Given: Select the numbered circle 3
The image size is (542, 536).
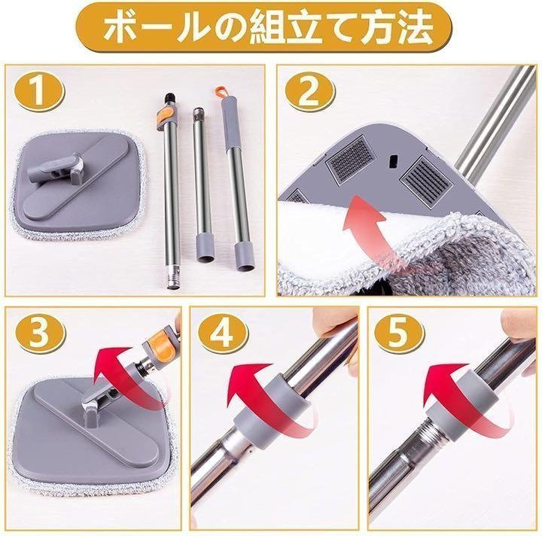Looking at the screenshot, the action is click(x=38, y=333).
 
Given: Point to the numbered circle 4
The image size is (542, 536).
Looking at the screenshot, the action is click(x=222, y=333).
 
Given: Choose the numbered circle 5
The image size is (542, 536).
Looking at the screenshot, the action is click(x=398, y=333).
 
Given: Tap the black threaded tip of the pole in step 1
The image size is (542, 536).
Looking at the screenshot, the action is click(x=169, y=98).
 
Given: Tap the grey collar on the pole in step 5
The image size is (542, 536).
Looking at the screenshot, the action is click(x=462, y=408).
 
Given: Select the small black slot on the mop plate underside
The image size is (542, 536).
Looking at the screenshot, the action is click(x=392, y=161).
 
